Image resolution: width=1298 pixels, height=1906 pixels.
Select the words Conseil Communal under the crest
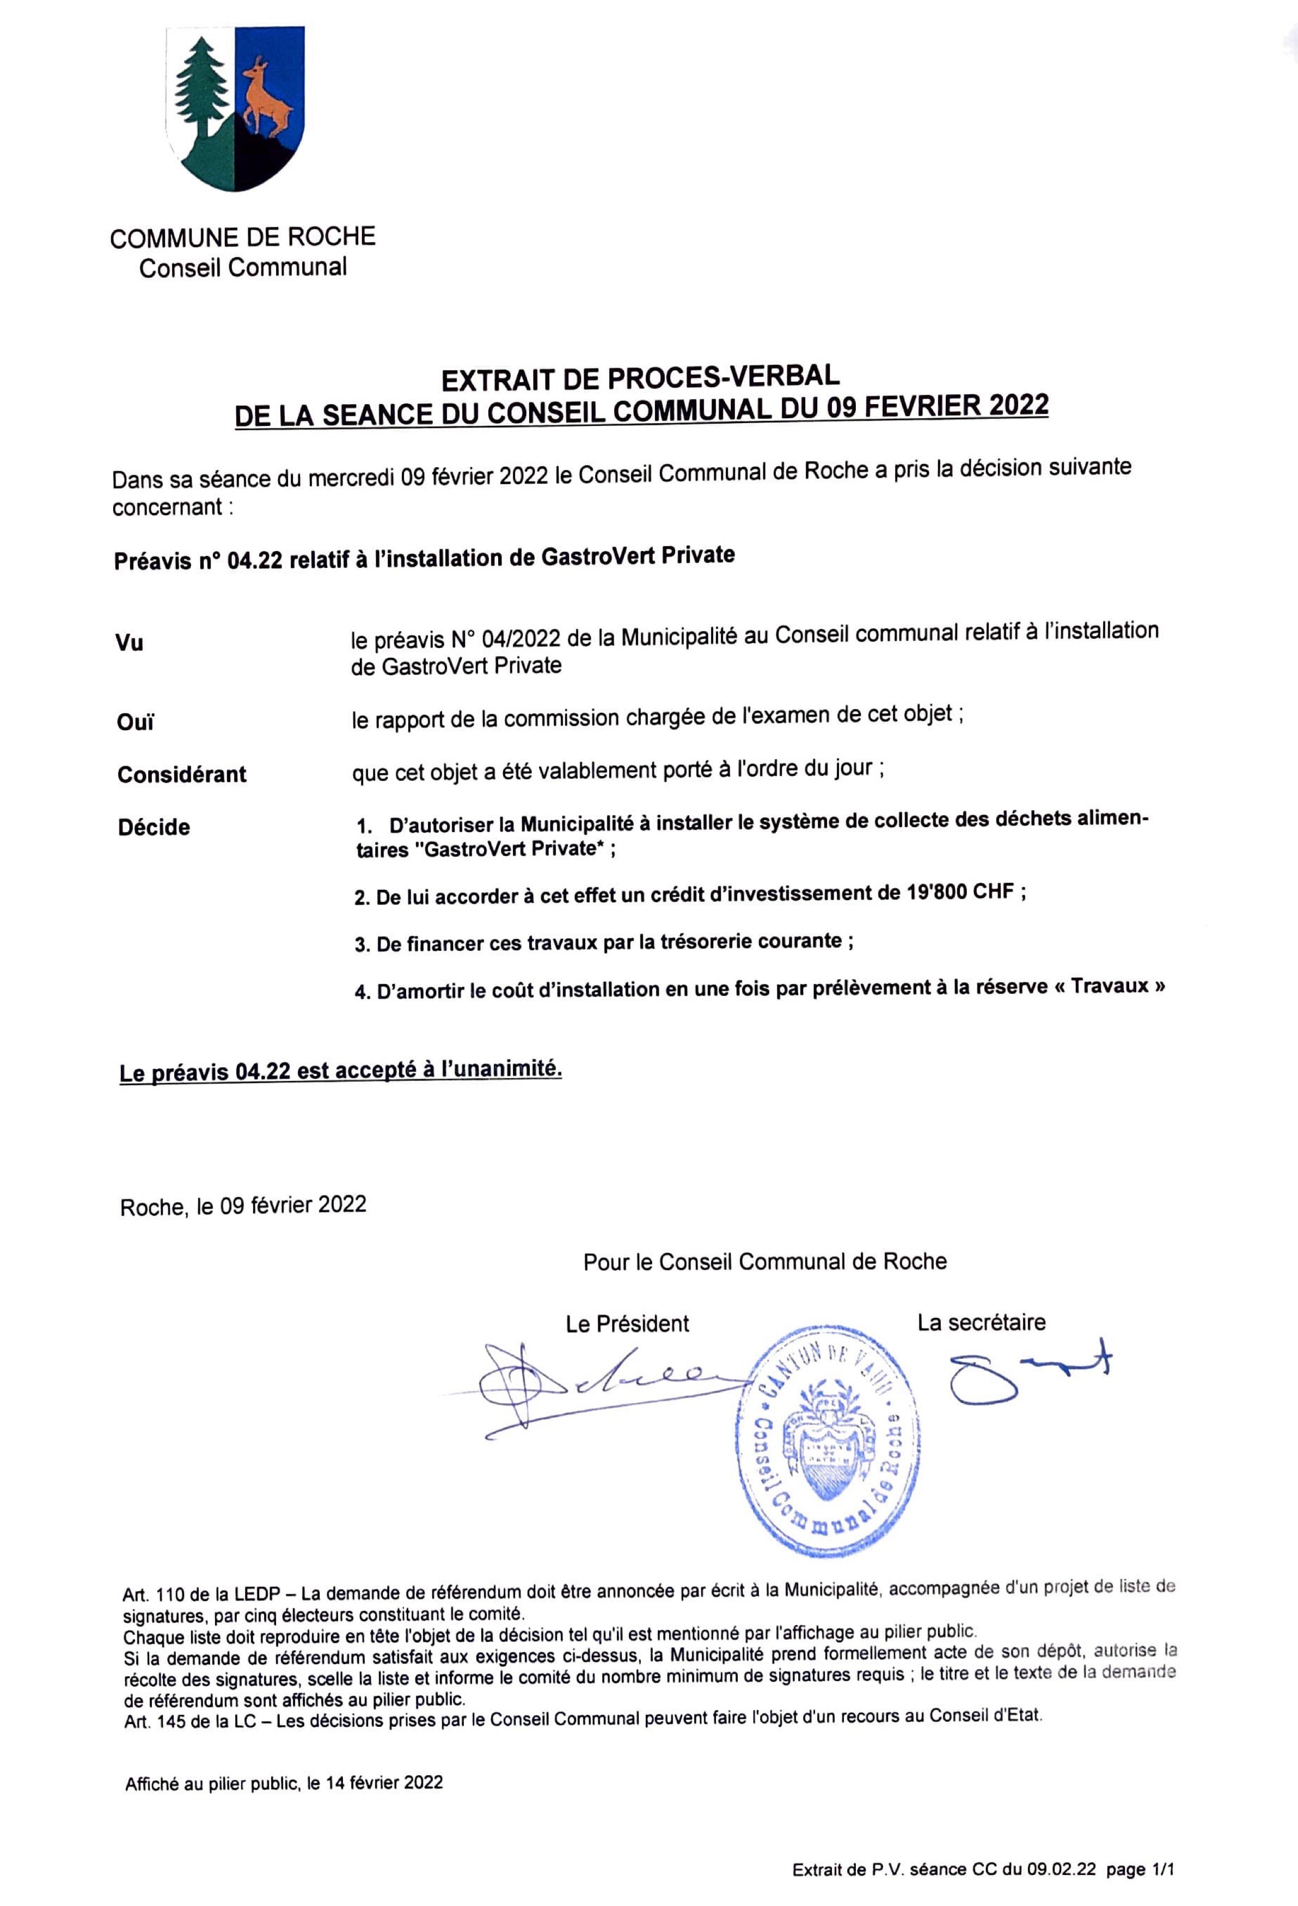(x=243, y=267)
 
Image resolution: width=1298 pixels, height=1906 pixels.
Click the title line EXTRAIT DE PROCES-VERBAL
(x=640, y=377)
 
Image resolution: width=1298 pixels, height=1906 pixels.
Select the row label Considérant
(x=182, y=774)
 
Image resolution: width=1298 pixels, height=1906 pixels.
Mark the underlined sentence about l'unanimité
(x=341, y=1071)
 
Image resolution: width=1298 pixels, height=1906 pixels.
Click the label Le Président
(x=627, y=1324)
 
